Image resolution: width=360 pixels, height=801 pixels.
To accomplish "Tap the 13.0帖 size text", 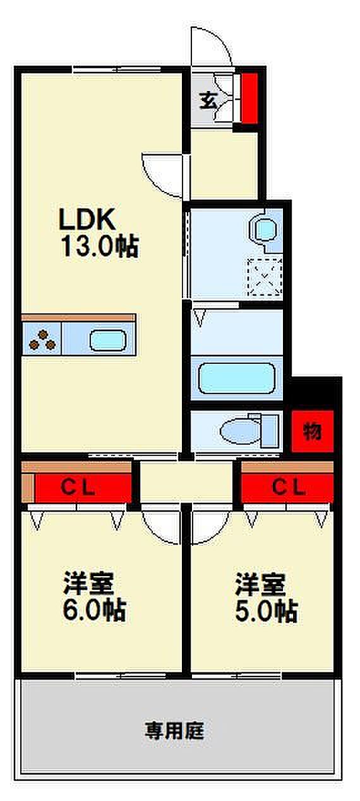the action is click(x=100, y=247).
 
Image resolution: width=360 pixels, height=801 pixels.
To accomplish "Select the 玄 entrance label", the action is click(x=208, y=100).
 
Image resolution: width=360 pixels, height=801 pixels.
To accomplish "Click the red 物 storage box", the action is click(x=313, y=431).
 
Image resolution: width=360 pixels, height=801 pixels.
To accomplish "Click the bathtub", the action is click(x=237, y=378).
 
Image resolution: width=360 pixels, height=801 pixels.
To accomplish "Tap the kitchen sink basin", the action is click(x=107, y=340).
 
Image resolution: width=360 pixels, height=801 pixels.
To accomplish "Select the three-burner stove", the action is click(x=42, y=339).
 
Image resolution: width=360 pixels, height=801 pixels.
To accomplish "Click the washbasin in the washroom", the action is click(x=265, y=229).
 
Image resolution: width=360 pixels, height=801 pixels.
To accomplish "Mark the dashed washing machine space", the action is click(x=265, y=277).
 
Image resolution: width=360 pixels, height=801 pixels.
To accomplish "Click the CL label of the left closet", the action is click(x=78, y=488).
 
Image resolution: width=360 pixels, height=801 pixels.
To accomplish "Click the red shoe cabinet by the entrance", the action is click(x=249, y=99).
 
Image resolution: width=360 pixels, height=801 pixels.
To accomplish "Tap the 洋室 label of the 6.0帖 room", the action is click(x=88, y=583).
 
